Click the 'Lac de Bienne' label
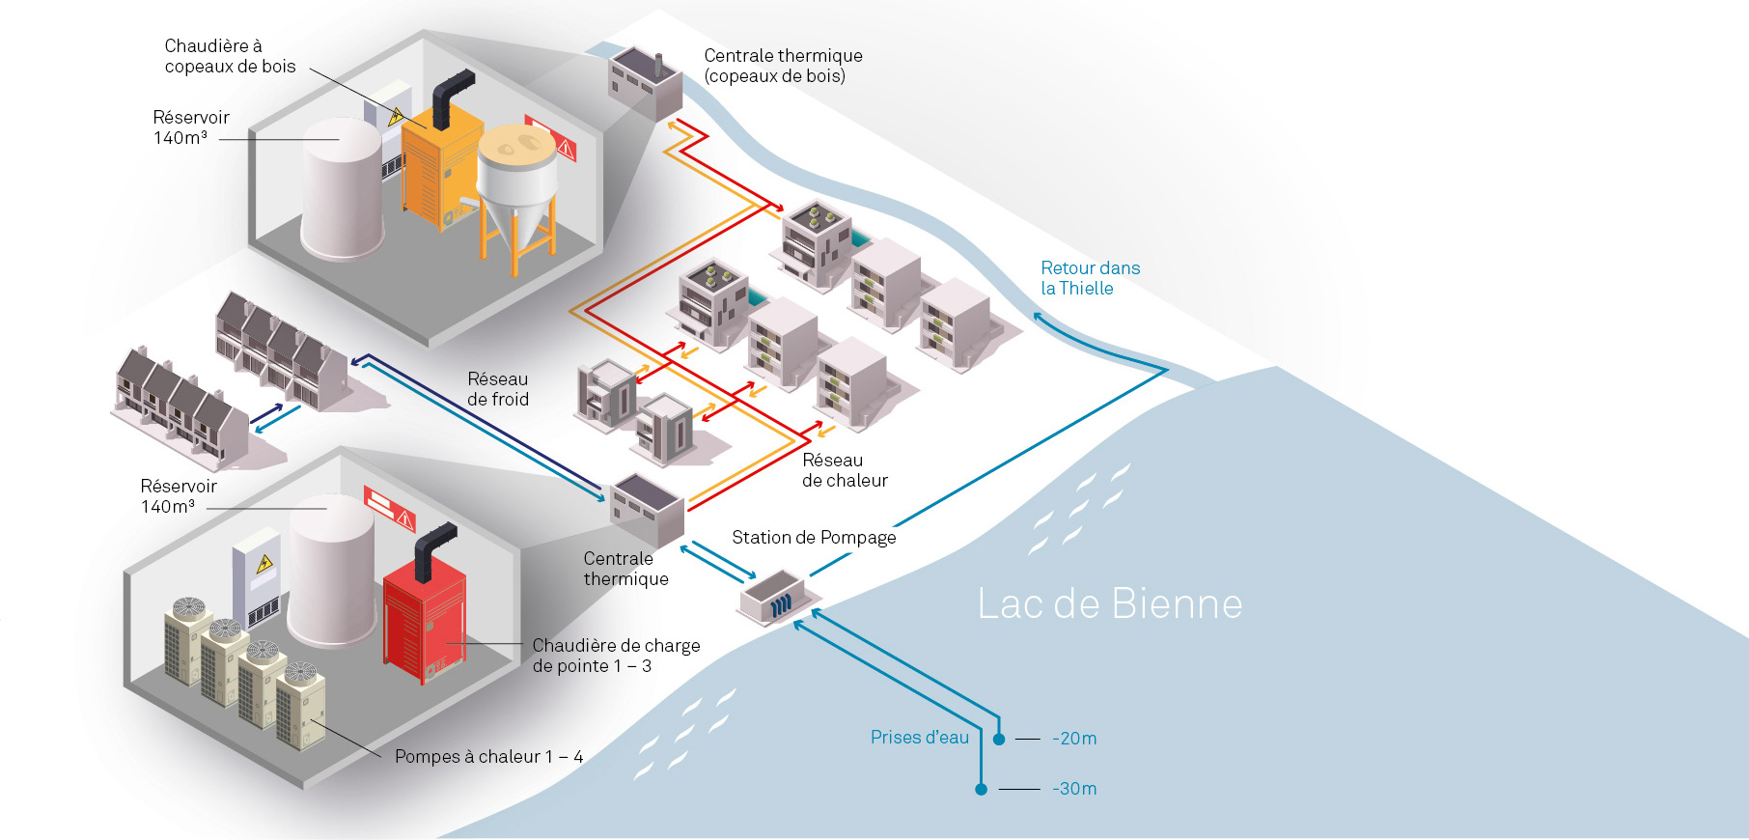tap(1109, 604)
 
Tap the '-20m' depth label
tap(1074, 739)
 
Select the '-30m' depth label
tap(1074, 789)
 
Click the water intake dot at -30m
tap(981, 789)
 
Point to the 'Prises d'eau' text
tap(919, 738)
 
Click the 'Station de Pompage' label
tap(814, 538)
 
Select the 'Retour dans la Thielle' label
tap(1090, 278)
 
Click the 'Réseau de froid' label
tap(498, 389)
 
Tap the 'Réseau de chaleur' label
tap(845, 470)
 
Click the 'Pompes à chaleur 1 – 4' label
tap(488, 757)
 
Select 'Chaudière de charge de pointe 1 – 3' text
tap(616, 656)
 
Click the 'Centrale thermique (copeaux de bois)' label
tap(783, 66)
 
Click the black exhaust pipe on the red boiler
tap(432, 546)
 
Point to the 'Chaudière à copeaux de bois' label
tap(230, 56)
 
